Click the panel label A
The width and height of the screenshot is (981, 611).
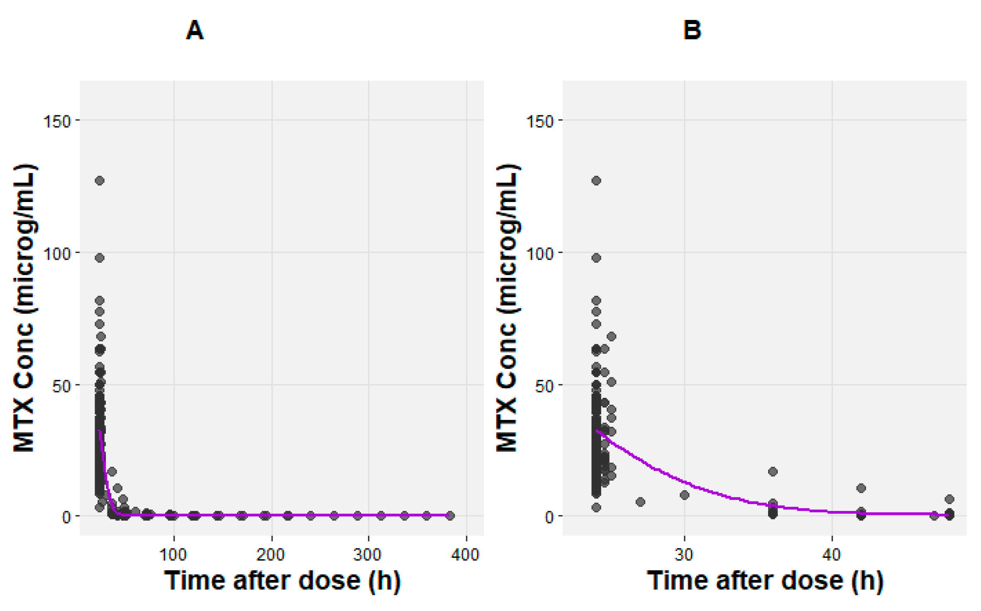coord(194,30)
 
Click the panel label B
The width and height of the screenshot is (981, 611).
coord(692,30)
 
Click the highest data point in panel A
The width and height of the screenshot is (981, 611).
coord(100,180)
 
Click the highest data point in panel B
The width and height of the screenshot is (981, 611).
coord(596,180)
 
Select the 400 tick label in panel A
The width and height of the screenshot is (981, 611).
coord(466,555)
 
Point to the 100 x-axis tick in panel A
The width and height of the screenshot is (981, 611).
coord(173,555)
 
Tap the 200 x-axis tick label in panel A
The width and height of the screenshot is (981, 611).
coord(271,555)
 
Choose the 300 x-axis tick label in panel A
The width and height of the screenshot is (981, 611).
coord(367,555)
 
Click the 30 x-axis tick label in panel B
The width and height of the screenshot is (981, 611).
coord(683,555)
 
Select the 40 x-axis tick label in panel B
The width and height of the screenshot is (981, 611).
coord(831,555)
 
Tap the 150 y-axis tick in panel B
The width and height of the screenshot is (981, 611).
coord(540,122)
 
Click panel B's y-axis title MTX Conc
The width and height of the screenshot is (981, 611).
coord(507,308)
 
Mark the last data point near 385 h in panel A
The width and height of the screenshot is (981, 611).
coord(450,516)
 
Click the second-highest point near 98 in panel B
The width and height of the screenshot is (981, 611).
coord(596,258)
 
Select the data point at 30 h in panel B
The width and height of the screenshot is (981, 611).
coord(684,495)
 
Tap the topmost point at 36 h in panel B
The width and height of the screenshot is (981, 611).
coord(772,472)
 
